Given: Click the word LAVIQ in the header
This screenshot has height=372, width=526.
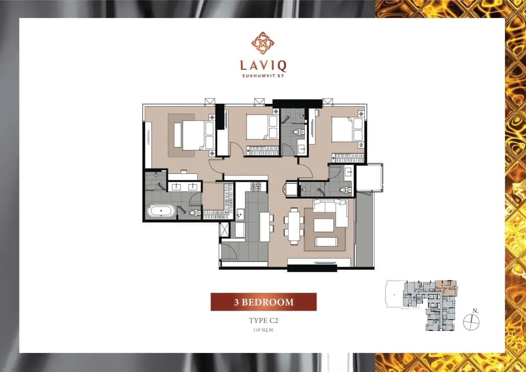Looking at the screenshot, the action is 263,66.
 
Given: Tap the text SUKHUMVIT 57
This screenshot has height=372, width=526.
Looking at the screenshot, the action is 263,76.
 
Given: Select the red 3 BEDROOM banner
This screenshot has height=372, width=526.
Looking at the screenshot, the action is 263,302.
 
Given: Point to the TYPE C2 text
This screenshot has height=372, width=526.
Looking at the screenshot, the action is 263,320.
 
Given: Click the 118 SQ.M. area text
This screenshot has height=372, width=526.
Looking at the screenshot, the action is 263,330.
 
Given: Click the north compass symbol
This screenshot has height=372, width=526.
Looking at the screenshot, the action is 471,322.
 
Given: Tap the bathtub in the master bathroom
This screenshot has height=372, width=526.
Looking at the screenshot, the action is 161,211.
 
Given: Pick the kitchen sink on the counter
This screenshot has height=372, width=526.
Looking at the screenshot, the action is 240,214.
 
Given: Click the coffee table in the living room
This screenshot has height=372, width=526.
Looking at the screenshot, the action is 323,225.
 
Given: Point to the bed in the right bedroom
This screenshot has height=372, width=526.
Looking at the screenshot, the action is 348,129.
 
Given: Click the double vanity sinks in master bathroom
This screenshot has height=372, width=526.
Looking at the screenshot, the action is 184,187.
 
